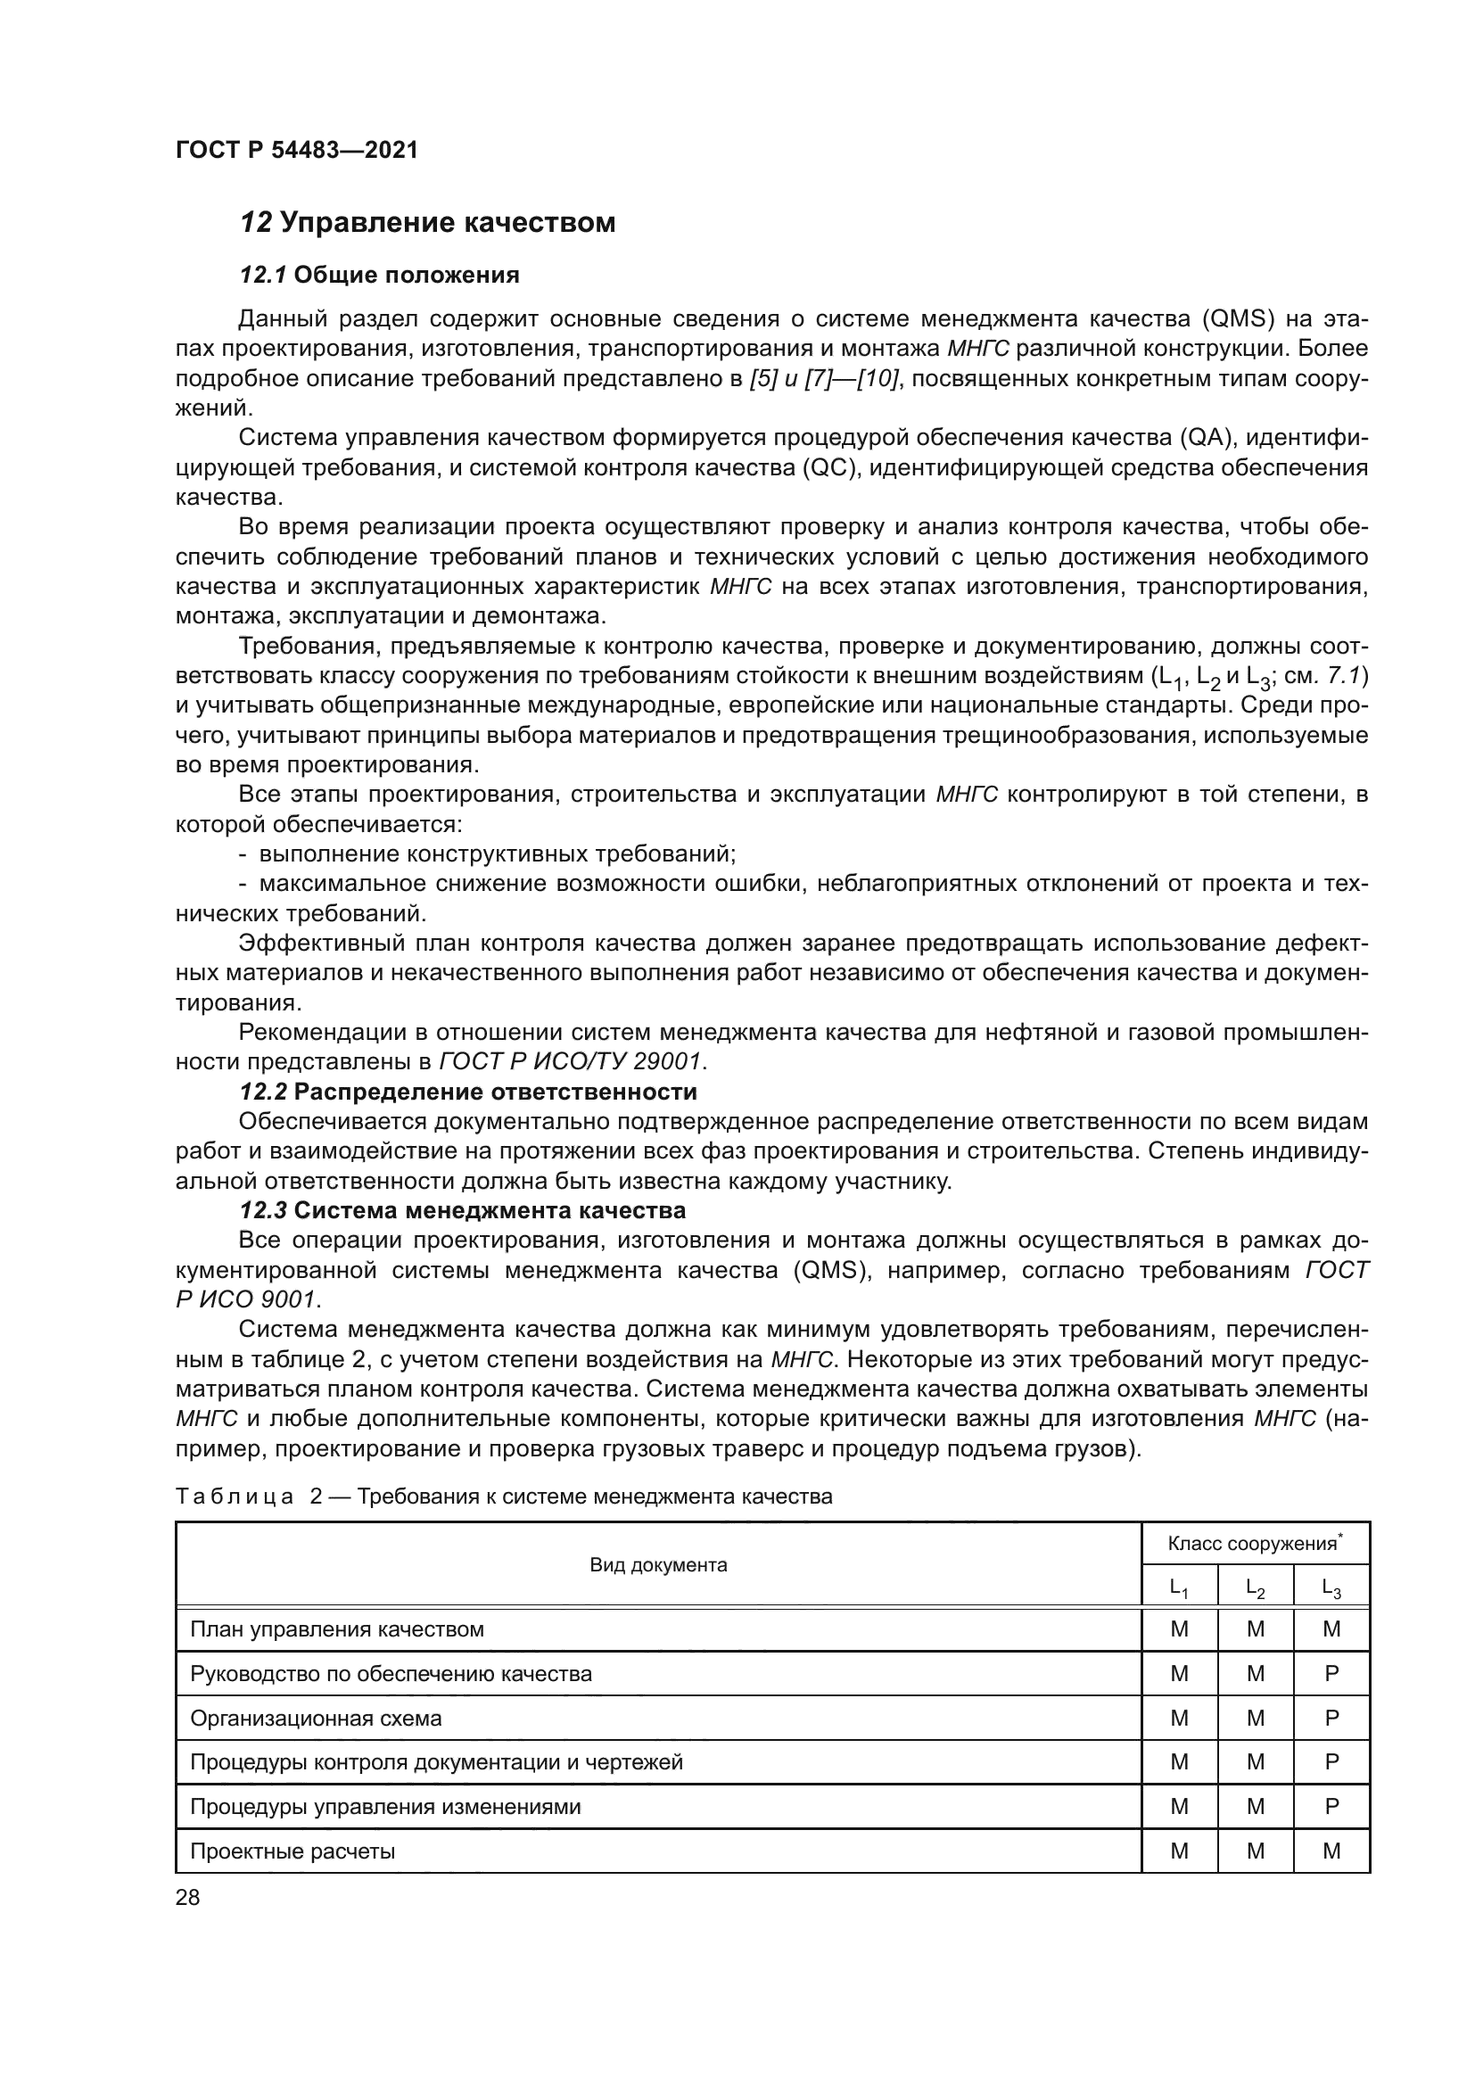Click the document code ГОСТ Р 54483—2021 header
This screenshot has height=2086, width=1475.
[296, 150]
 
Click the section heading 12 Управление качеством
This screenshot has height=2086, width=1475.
[427, 223]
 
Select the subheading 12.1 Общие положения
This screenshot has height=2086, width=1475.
[379, 275]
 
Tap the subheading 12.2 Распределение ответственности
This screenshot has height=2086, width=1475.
[468, 1091]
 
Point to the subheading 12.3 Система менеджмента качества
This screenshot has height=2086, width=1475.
[462, 1210]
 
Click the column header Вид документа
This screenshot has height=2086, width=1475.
[658, 1564]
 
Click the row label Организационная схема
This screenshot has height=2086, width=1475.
[315, 1718]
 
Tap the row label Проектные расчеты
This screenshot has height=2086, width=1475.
[292, 1851]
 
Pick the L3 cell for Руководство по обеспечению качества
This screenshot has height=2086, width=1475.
[1331, 1673]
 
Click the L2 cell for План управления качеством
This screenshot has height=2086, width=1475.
[1256, 1629]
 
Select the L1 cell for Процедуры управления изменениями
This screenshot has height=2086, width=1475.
[1179, 1806]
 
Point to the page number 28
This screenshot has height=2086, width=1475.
[187, 1897]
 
